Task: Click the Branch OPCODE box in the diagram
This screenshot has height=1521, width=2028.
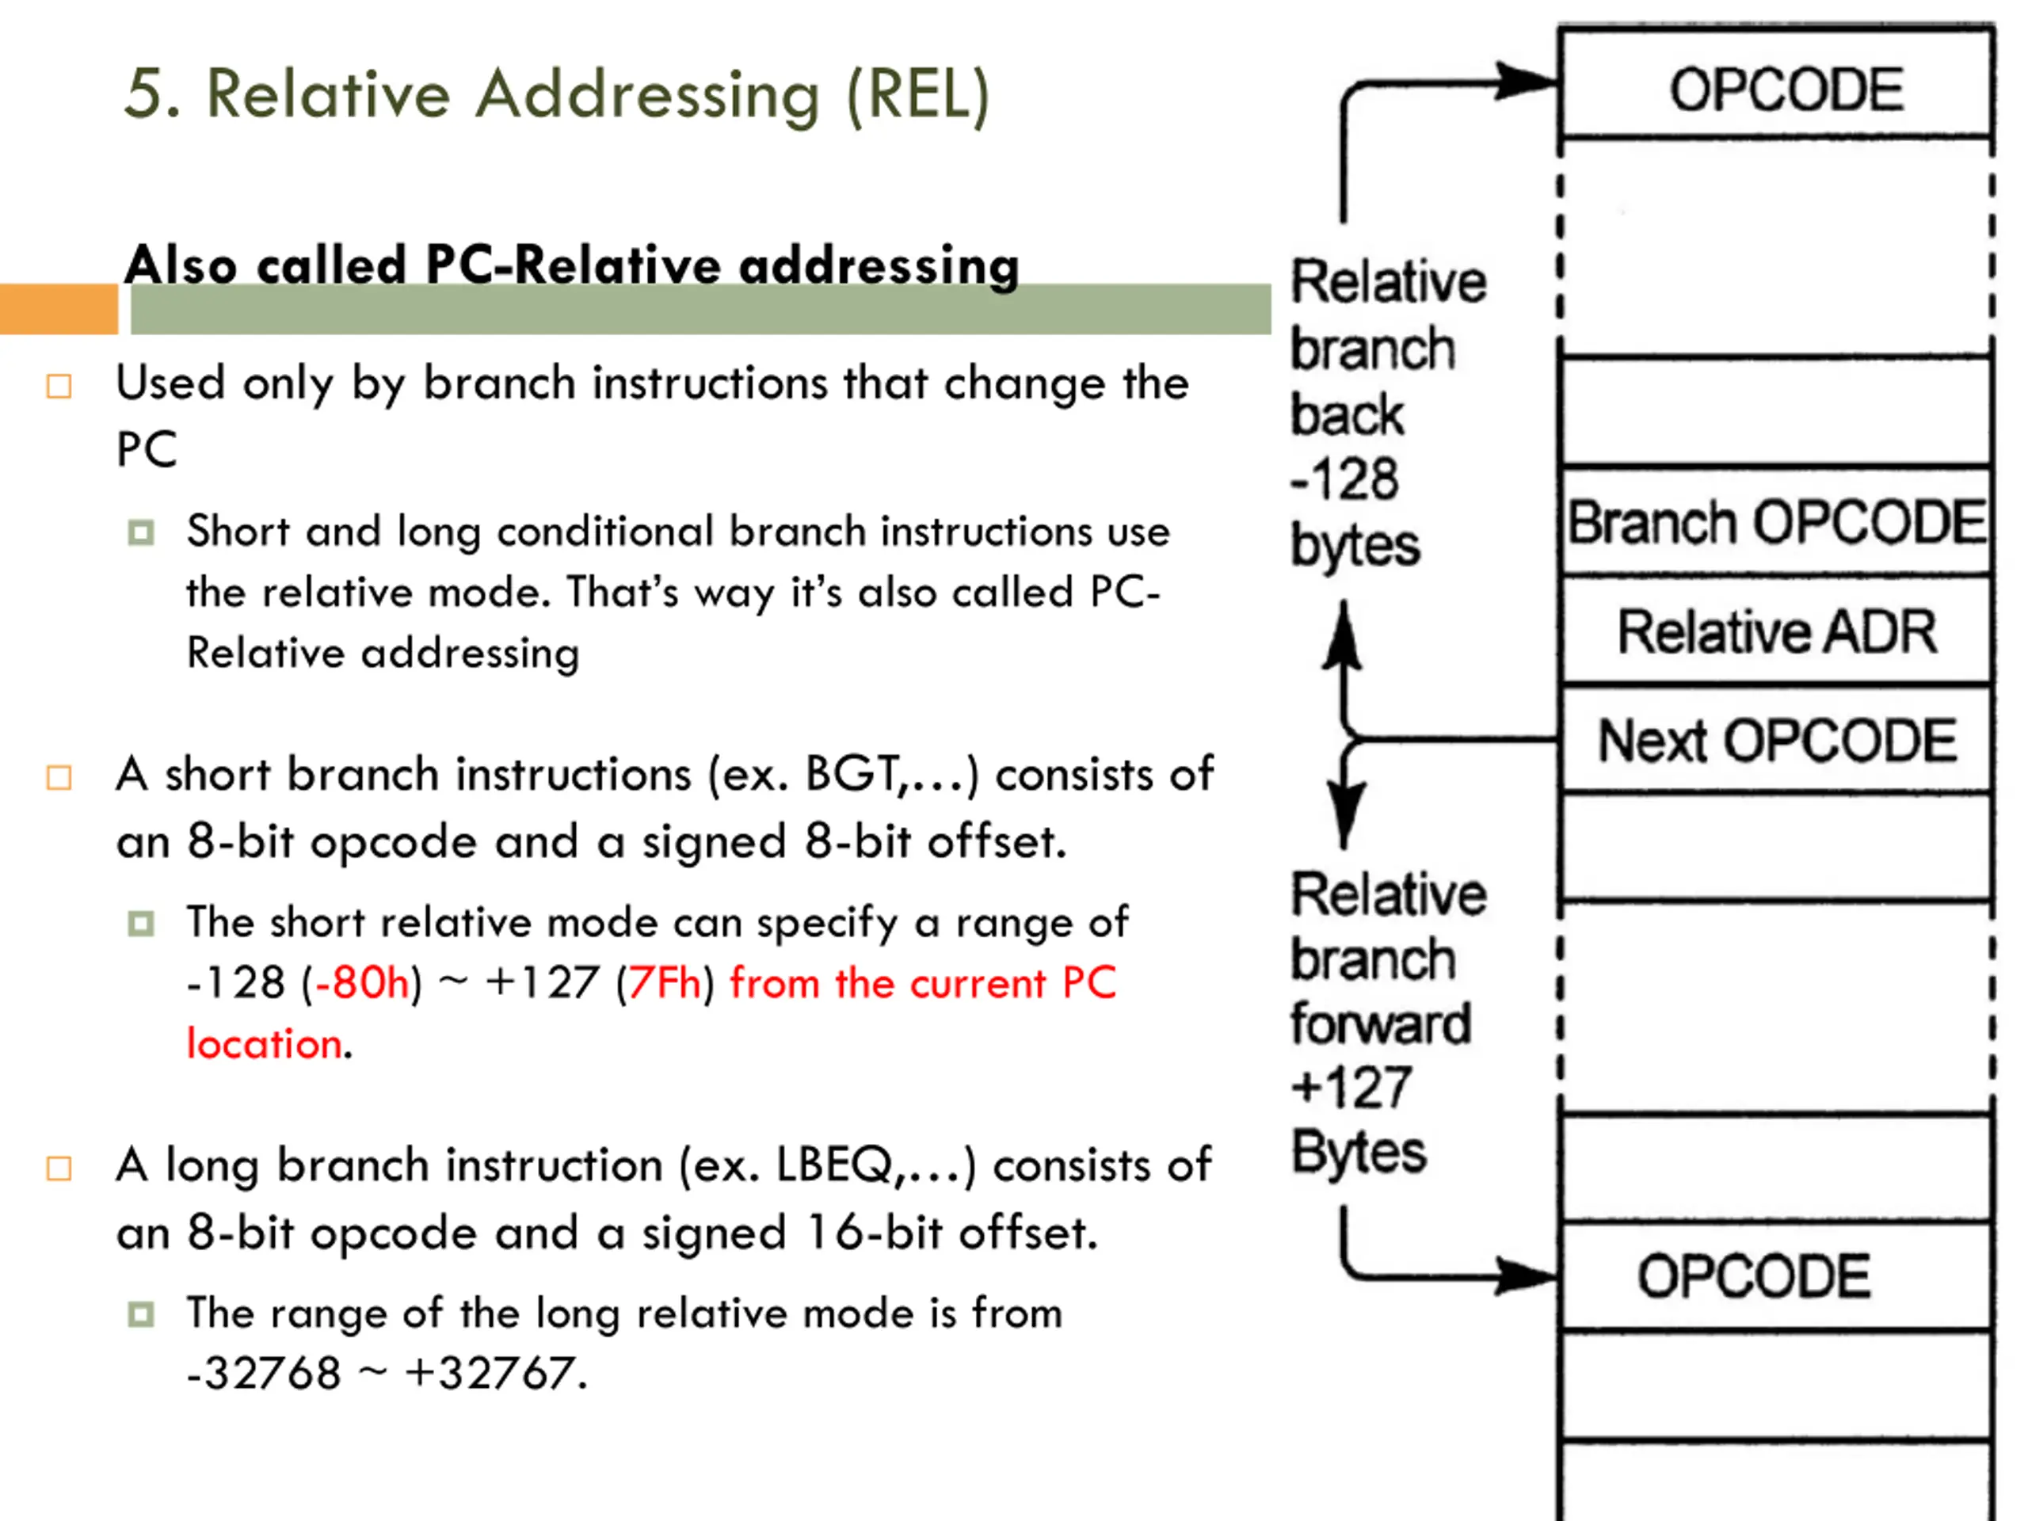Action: [x=1776, y=523]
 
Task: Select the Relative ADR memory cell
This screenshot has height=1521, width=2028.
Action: [x=1776, y=631]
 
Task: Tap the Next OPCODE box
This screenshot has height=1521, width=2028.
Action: [x=1776, y=740]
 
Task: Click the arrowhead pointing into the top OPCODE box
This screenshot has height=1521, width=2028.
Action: [x=1526, y=81]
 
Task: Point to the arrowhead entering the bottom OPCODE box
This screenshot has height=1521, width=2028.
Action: [x=1526, y=1275]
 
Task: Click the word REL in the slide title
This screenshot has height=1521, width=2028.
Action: [x=917, y=94]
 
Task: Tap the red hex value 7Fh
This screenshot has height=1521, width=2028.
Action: [x=664, y=983]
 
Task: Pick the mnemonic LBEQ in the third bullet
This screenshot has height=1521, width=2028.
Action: [x=833, y=1165]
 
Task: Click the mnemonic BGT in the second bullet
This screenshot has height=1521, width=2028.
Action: [x=851, y=775]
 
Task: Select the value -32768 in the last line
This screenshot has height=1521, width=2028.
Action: [x=264, y=1374]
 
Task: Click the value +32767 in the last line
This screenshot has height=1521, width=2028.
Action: [x=489, y=1374]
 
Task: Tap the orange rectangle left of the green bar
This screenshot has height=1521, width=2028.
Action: [x=59, y=309]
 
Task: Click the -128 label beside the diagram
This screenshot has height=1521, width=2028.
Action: [x=1344, y=479]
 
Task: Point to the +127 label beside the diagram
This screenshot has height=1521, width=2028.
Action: [x=1351, y=1088]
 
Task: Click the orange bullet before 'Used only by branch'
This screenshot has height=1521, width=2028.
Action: [x=59, y=386]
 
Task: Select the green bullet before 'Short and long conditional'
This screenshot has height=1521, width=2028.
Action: [x=141, y=532]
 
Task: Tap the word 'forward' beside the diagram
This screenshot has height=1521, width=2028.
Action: [x=1380, y=1024]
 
